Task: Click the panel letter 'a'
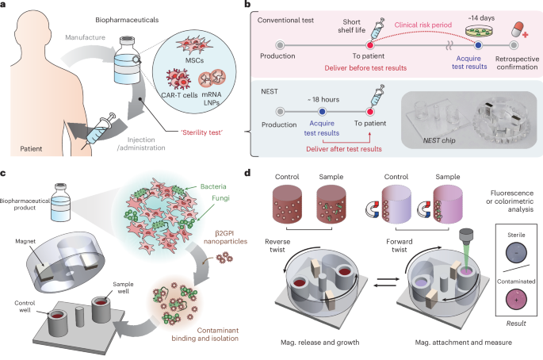pyautogui.click(x=6, y=7)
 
